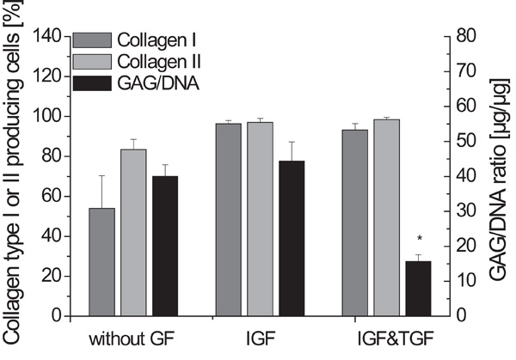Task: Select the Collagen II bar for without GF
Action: pos(132,232)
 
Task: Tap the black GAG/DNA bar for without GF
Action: pos(163,246)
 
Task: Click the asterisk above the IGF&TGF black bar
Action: pos(419,239)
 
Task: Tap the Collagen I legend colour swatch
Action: pos(93,40)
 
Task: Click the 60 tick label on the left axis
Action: pos(51,196)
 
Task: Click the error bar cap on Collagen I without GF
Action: pos(101,176)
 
